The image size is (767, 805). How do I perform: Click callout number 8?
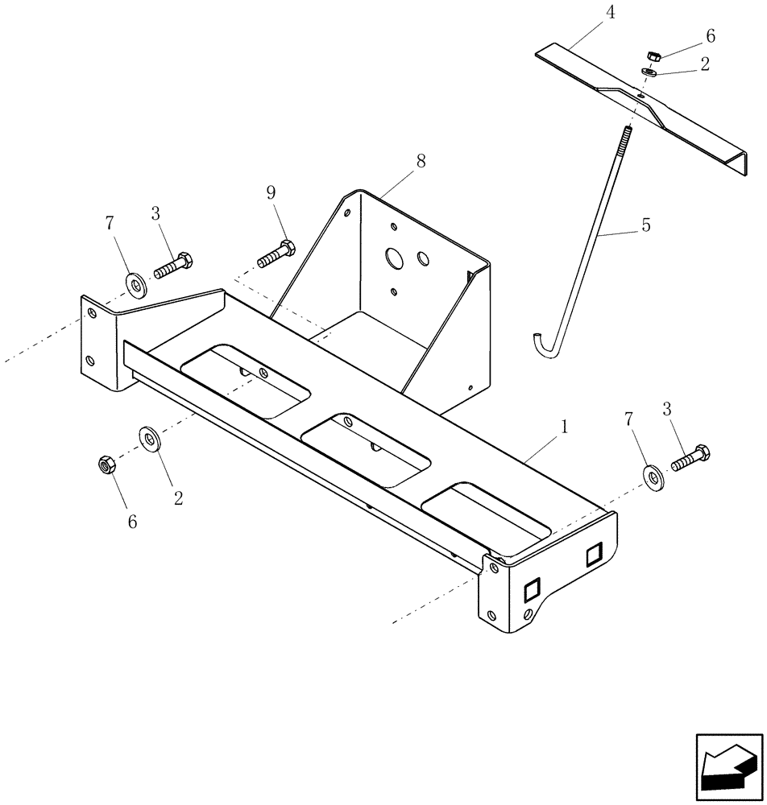(420, 162)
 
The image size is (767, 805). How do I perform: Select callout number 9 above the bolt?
(271, 192)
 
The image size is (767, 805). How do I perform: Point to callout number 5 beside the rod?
(645, 226)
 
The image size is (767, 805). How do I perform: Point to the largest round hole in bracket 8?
(394, 258)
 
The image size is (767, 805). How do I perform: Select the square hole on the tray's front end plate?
(532, 592)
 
